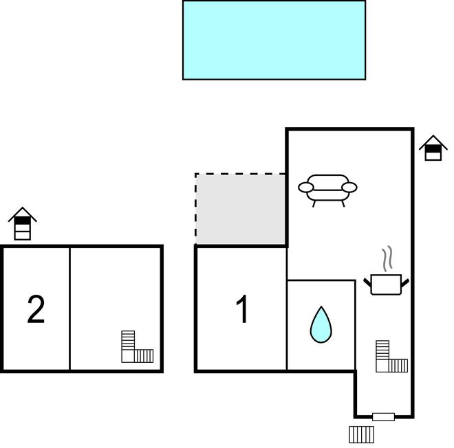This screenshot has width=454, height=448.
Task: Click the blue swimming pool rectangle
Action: click(x=274, y=40)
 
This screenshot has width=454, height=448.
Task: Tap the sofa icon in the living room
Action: click(x=327, y=190)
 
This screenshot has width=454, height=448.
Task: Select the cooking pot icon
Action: click(x=386, y=284)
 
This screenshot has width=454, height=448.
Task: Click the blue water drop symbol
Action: click(x=321, y=324)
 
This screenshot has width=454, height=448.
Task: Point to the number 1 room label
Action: click(x=241, y=309)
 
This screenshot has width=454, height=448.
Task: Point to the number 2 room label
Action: click(x=36, y=309)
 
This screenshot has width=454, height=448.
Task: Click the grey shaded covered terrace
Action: click(x=240, y=209)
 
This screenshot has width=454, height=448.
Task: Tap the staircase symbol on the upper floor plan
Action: click(x=138, y=346)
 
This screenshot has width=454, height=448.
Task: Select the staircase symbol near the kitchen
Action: click(x=392, y=357)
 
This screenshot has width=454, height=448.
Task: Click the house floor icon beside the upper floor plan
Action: click(x=23, y=223)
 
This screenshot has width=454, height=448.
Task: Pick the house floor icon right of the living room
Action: click(x=433, y=148)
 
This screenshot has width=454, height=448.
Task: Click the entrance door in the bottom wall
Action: click(x=383, y=417)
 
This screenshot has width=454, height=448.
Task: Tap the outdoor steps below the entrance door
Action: click(x=361, y=434)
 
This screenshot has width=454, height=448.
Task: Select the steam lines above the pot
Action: click(x=387, y=258)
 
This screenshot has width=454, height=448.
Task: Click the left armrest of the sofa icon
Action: click(x=305, y=188)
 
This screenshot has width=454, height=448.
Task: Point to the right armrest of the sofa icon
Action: click(x=349, y=188)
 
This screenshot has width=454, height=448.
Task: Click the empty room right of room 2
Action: click(x=116, y=289)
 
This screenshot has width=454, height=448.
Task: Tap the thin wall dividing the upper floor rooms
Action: click(x=69, y=309)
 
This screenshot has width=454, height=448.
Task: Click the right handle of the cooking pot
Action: click(x=405, y=283)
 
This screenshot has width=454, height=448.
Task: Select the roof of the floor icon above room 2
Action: click(x=23, y=214)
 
